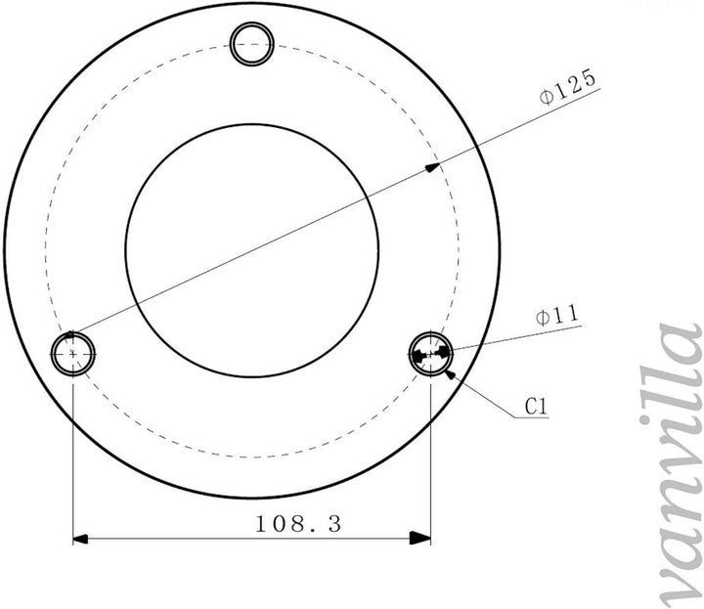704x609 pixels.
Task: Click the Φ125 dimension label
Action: point(568,87)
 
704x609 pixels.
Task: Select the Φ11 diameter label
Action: point(557,316)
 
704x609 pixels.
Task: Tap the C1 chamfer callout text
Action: point(536,407)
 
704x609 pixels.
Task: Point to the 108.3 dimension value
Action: point(298,524)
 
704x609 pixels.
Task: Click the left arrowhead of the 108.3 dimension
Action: point(80,538)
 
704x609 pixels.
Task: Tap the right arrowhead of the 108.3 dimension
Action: point(420,538)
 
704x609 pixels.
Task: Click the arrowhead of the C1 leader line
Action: point(451,373)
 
